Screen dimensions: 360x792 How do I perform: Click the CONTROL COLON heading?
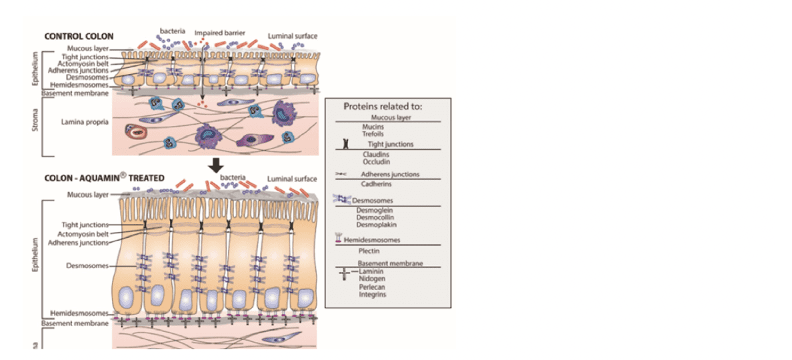point(79,36)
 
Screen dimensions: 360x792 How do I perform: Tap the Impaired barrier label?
point(219,32)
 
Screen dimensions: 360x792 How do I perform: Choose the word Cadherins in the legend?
point(376,183)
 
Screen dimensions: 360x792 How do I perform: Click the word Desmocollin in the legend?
point(378,217)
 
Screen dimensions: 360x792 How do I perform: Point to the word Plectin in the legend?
point(369,251)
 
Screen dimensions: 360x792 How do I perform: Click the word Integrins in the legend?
point(373,294)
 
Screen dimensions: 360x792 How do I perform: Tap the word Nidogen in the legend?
point(372,279)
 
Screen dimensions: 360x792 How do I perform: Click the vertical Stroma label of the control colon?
point(35,124)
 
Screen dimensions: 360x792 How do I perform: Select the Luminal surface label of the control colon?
point(292,36)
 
